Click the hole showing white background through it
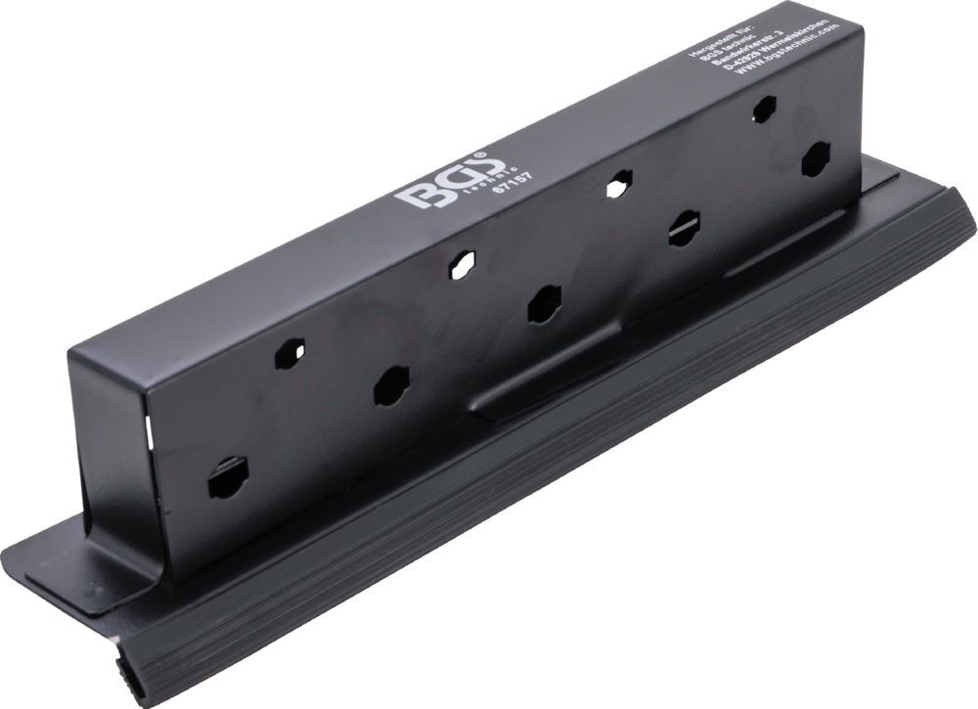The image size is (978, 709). [x=618, y=185]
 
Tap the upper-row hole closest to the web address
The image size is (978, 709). [x=764, y=109]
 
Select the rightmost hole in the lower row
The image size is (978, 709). [x=815, y=158]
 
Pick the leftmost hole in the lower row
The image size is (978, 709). [x=228, y=478]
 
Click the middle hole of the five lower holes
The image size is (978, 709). [x=544, y=304]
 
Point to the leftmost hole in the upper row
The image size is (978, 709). [x=289, y=353]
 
